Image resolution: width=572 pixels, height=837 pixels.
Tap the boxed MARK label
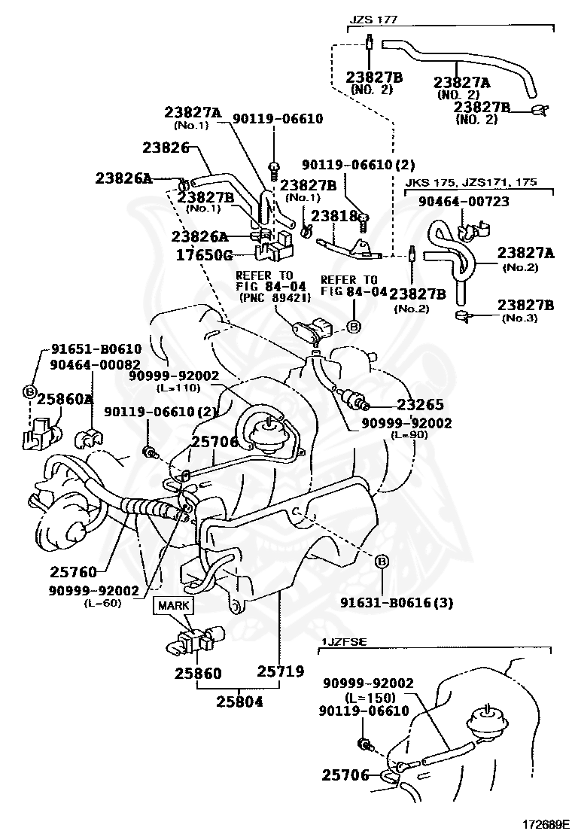coord(174,604)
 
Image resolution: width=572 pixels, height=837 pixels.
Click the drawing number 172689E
coord(542,824)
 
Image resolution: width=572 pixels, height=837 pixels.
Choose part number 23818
coord(334,216)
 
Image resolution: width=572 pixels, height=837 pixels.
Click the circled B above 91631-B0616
coord(381,562)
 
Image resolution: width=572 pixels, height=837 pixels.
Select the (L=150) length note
coord(367,698)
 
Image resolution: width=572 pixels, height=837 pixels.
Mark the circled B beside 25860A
coord(29,391)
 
